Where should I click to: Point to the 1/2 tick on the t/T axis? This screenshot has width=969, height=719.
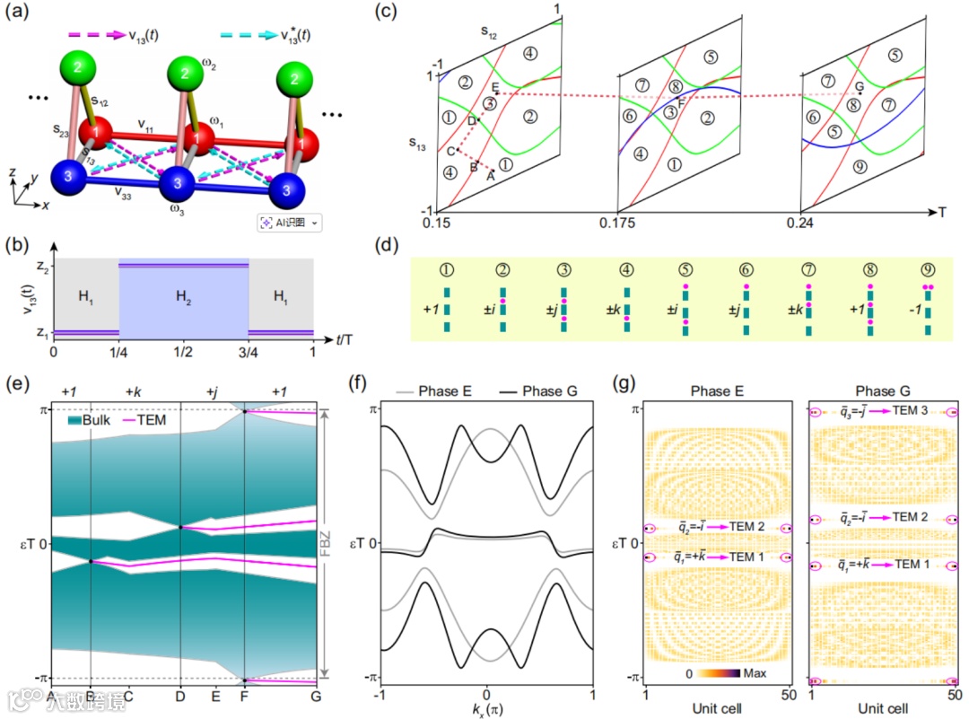pos(184,353)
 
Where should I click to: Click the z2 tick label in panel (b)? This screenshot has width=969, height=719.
pos(37,266)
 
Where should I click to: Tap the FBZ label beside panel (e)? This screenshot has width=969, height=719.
pos(334,542)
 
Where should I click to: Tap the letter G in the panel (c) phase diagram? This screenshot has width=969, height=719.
pos(859,86)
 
